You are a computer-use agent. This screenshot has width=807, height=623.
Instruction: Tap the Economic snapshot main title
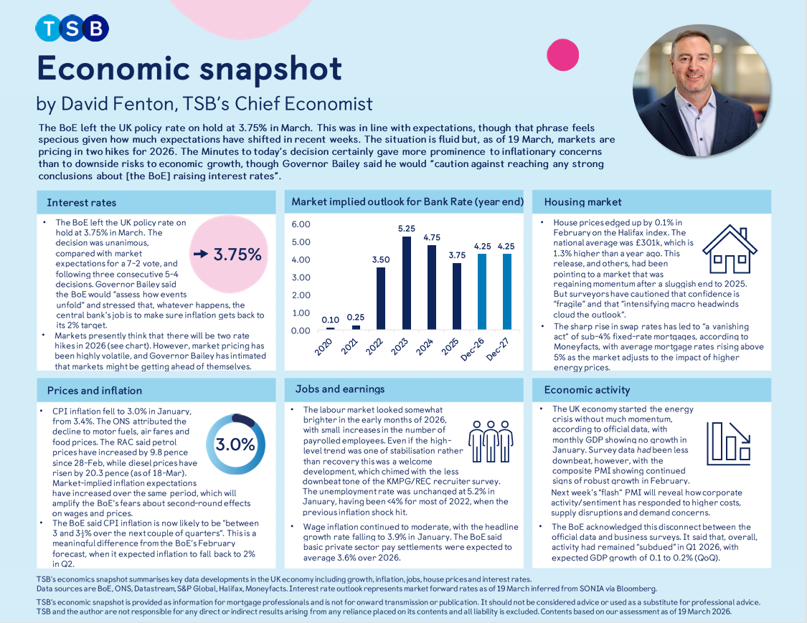[x=189, y=69]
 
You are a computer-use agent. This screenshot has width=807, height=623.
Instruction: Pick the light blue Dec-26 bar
[x=482, y=291]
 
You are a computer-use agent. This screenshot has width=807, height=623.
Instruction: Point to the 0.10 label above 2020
[x=329, y=320]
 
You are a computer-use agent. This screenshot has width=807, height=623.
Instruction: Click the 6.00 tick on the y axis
[x=301, y=224]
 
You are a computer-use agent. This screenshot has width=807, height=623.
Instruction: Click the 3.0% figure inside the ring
[x=235, y=444]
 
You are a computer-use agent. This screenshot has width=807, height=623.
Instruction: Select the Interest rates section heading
[x=81, y=202]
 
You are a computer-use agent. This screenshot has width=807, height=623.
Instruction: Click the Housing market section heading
[x=582, y=202]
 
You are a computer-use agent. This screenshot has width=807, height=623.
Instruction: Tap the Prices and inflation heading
[x=94, y=391]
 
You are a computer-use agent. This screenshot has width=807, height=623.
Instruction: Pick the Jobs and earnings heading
[x=339, y=389]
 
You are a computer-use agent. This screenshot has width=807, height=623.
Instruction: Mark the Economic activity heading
[x=587, y=390]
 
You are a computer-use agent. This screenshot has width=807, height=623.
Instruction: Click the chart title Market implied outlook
[x=407, y=202]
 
